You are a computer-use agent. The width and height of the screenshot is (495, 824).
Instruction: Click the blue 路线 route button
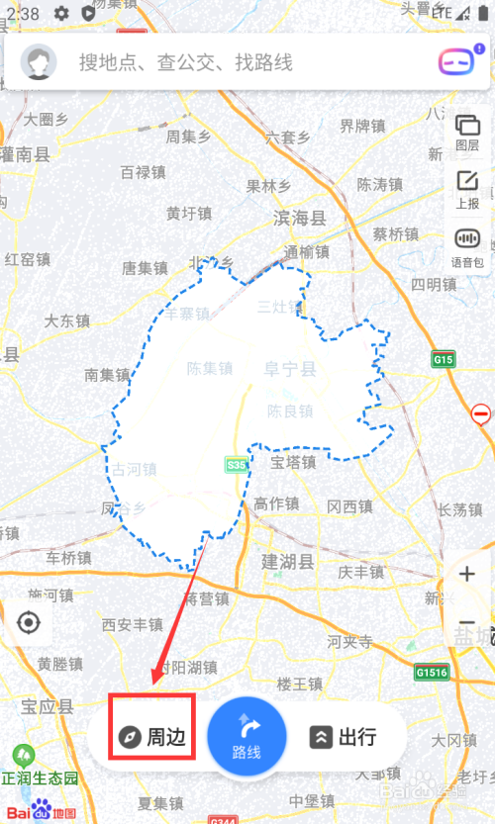(x=247, y=737)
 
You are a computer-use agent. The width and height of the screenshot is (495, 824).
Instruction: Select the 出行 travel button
(x=345, y=737)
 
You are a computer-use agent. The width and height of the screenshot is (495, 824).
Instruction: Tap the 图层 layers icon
(x=467, y=132)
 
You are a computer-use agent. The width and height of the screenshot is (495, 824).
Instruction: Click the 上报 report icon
(x=467, y=188)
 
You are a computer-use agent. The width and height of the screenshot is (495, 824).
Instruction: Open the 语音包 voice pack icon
(x=467, y=245)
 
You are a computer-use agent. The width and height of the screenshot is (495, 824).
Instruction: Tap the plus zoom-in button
(x=467, y=574)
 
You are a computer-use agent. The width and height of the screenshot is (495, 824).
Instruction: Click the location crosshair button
(x=29, y=623)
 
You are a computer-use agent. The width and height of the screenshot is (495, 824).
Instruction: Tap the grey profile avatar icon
(x=40, y=62)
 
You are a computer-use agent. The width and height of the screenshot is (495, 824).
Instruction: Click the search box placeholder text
(x=186, y=63)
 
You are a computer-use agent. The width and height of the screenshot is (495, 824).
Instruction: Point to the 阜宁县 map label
(x=289, y=370)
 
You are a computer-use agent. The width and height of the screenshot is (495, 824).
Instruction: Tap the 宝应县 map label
(x=48, y=706)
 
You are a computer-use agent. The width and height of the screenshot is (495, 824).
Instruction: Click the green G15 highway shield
(x=444, y=360)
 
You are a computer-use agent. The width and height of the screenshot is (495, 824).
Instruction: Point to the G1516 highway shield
(x=433, y=673)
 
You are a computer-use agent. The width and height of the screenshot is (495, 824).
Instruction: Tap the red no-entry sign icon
(x=482, y=413)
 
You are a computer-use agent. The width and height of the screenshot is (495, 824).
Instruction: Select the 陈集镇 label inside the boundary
(x=209, y=369)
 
